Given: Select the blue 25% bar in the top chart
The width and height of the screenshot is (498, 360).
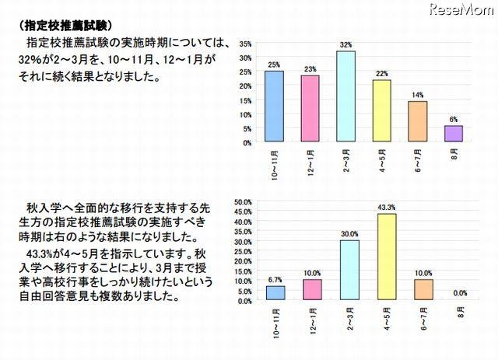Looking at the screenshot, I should coord(274,107).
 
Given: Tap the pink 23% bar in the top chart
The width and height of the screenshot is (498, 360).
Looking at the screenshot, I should coord(310,109).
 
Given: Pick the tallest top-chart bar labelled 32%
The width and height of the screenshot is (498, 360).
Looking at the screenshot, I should coord(345,96).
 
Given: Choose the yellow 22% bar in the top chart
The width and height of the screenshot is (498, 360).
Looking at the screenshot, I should coord(381,110).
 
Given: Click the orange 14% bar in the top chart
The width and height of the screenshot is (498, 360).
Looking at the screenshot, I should coord(417,122).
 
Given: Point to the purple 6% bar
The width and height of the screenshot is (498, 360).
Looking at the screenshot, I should coord(453,134).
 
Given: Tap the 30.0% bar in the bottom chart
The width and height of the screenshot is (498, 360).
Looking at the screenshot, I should coord(349,271).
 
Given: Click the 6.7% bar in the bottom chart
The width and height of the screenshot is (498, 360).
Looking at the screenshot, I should coord(276,293).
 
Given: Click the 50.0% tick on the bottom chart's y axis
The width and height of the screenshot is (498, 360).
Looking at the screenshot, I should coord(242,201).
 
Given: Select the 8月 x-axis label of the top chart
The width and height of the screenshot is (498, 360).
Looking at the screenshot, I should coord(453,155).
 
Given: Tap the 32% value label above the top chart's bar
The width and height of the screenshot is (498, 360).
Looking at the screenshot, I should coord(346,45).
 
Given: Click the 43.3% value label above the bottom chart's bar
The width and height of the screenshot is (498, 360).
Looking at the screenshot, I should coord(385,208).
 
